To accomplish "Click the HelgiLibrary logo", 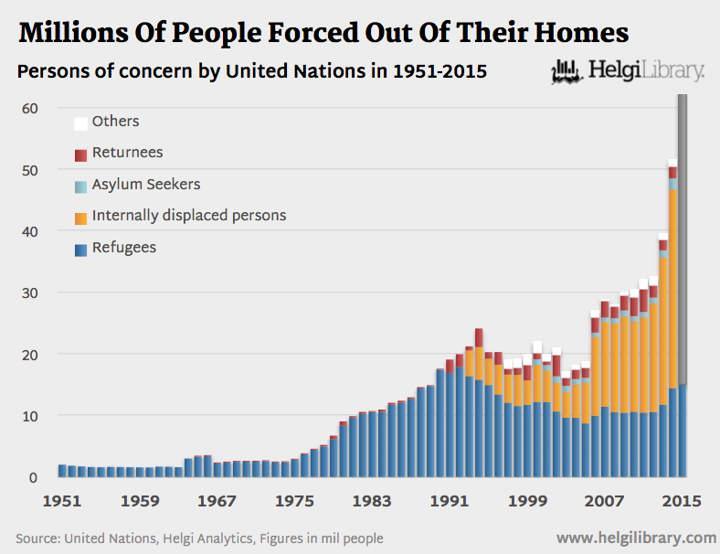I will [628, 70].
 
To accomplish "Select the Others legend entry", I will [115, 121].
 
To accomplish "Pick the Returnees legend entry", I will [127, 153].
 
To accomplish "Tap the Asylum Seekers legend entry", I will [145, 184].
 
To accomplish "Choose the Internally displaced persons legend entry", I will [188, 216].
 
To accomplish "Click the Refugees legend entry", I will [123, 247].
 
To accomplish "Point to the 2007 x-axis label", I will [604, 501].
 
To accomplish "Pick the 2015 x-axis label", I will [682, 501].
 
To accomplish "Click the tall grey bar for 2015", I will [683, 238].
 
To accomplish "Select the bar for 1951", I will [62, 471].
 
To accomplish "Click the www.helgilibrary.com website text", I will [636, 538].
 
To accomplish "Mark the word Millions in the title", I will [75, 34].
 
